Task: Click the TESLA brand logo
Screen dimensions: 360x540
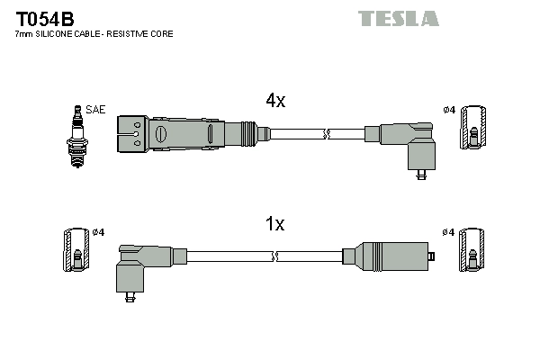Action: pyautogui.click(x=398, y=18)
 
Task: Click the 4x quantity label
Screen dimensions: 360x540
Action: pyautogui.click(x=274, y=102)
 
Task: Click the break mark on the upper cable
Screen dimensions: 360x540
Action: pyautogui.click(x=327, y=134)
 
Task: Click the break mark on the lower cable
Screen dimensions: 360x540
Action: pyautogui.click(x=275, y=256)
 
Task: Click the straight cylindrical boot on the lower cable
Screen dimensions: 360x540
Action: pyautogui.click(x=392, y=256)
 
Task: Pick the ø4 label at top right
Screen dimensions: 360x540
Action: pyautogui.click(x=449, y=110)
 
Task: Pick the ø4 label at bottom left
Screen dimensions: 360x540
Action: pyautogui.click(x=98, y=232)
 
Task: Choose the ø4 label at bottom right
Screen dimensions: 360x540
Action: pyautogui.click(x=449, y=232)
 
